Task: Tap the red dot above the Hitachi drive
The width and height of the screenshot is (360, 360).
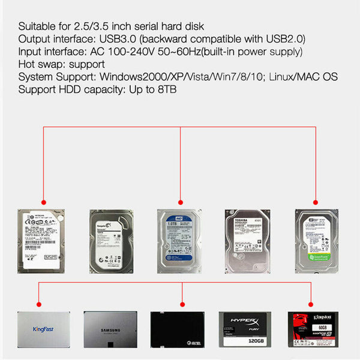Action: pos(44,202)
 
